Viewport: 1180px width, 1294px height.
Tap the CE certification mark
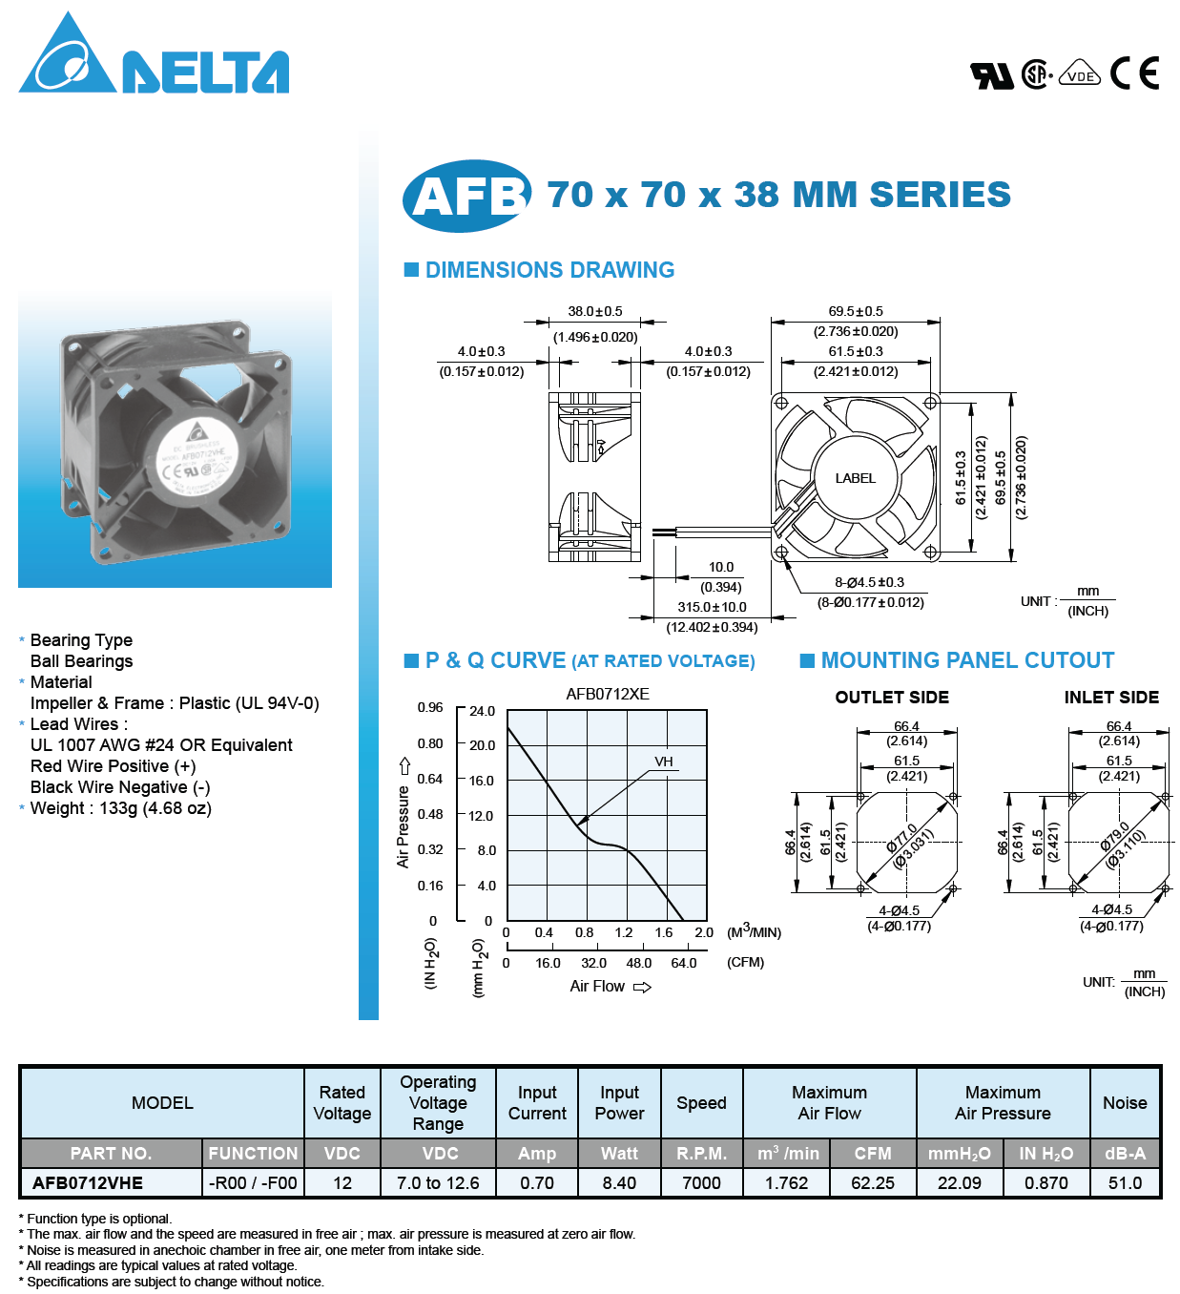click(x=1134, y=73)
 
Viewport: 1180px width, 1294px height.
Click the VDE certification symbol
click(x=1080, y=74)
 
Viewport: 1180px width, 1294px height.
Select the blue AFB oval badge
click(x=467, y=196)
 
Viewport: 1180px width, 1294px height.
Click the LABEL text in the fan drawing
click(x=855, y=478)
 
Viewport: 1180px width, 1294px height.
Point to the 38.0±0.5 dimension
click(x=595, y=311)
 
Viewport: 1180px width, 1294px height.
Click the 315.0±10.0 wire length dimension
click(x=712, y=607)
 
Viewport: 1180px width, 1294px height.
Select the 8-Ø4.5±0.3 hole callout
click(x=869, y=582)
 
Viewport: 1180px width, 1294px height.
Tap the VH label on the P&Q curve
click(x=664, y=762)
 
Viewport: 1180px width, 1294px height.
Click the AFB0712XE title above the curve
click(x=608, y=694)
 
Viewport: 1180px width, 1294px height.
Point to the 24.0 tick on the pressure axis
click(x=482, y=711)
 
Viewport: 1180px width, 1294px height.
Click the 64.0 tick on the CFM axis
click(x=684, y=963)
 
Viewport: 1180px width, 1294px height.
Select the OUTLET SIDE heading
click(x=892, y=698)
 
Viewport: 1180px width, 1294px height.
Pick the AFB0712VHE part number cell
click(x=88, y=1183)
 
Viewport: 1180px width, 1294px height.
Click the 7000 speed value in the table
click(x=701, y=1183)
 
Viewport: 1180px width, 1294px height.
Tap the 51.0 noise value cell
click(x=1125, y=1183)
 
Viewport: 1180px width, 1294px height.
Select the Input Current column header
click(x=537, y=1103)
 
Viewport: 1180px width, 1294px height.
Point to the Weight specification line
click(x=121, y=808)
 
